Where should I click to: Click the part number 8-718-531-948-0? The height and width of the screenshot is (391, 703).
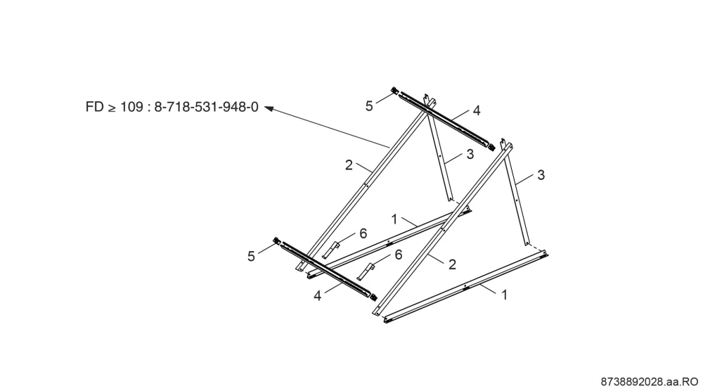pyautogui.click(x=206, y=107)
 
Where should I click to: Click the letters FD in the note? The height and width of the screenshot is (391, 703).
pyautogui.click(x=94, y=107)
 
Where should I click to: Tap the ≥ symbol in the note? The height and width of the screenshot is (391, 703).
pyautogui.click(x=112, y=108)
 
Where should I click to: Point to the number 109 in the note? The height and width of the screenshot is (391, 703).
pyautogui.click(x=131, y=107)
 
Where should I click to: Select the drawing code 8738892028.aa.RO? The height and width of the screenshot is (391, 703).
pyautogui.click(x=649, y=382)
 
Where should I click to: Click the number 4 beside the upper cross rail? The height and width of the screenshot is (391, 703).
pyautogui.click(x=477, y=110)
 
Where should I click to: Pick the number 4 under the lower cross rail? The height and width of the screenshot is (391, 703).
pyautogui.click(x=318, y=296)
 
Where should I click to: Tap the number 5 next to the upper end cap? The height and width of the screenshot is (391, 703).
pyautogui.click(x=369, y=106)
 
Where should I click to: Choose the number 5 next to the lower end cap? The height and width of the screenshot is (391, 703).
pyautogui.click(x=251, y=257)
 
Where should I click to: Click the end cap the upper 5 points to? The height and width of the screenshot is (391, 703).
pyautogui.click(x=395, y=91)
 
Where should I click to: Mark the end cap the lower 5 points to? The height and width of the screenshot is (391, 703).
pyautogui.click(x=277, y=241)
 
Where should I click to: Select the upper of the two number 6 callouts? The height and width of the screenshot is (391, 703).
pyautogui.click(x=363, y=233)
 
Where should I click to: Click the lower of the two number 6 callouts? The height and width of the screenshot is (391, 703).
pyautogui.click(x=399, y=255)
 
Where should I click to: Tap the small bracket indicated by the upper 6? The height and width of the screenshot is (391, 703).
pyautogui.click(x=331, y=250)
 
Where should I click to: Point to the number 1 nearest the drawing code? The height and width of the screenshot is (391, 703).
pyautogui.click(x=504, y=295)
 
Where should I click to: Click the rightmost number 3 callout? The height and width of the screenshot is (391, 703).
pyautogui.click(x=541, y=175)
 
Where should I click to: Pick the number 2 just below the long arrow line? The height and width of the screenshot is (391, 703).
pyautogui.click(x=349, y=165)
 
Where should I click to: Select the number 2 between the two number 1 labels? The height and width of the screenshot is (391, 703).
pyautogui.click(x=452, y=264)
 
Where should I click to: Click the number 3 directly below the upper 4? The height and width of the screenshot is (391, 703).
pyautogui.click(x=470, y=154)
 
